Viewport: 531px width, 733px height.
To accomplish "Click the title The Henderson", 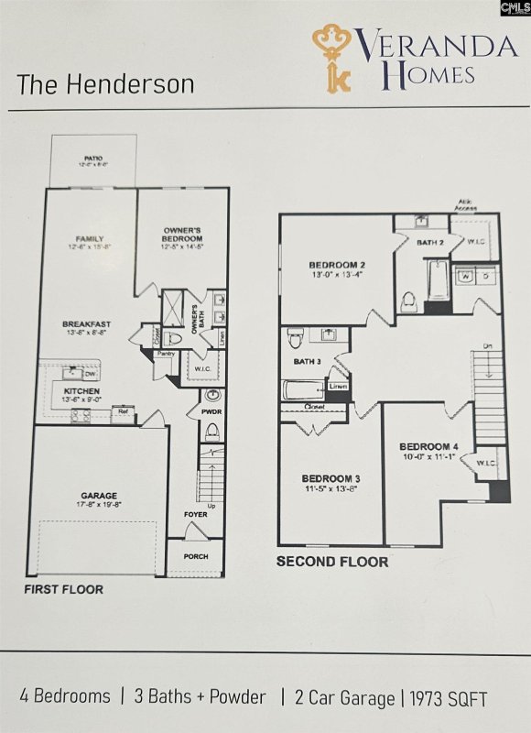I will click(x=105, y=84).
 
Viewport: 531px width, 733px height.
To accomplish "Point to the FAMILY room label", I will click(x=90, y=240).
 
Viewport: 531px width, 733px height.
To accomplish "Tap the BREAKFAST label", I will click(x=86, y=323).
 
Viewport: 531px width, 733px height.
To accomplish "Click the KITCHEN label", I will click(x=81, y=391).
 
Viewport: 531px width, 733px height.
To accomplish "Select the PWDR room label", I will click(x=211, y=413).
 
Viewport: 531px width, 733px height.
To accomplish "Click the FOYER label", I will click(x=195, y=515).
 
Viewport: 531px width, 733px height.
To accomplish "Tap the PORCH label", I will click(x=195, y=556).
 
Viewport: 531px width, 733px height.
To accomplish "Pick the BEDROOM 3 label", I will click(x=331, y=478).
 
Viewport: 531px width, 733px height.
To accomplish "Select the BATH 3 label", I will click(x=307, y=361).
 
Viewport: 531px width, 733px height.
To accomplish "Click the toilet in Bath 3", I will click(x=296, y=338).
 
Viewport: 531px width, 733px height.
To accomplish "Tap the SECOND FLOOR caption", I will click(x=332, y=562).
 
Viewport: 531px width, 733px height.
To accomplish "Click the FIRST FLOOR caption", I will click(x=63, y=589).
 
